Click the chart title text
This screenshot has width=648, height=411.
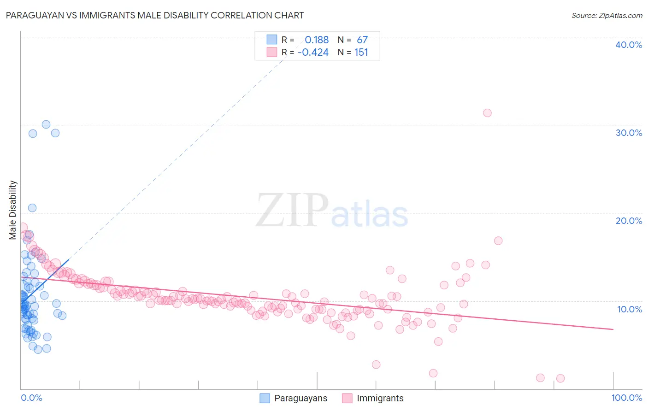tap(155, 15)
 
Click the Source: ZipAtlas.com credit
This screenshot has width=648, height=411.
tap(607, 15)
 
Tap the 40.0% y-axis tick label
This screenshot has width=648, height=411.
tap(629, 45)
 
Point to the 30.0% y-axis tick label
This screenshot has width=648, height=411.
tap(629, 133)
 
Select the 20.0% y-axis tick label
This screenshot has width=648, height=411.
tap(629, 221)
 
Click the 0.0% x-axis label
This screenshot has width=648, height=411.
tap(31, 398)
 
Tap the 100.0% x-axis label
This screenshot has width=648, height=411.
tap(626, 398)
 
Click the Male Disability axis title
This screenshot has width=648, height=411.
tap(13, 210)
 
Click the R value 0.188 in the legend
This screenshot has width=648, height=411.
tap(317, 40)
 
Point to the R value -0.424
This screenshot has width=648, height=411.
tap(313, 53)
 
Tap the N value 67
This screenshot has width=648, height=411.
tap(362, 40)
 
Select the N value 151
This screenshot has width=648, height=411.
tap(361, 53)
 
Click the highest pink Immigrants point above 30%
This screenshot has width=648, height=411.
tap(487, 113)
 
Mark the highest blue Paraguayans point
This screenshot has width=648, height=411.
tap(46, 124)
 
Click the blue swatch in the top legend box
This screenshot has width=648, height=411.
tap(272, 40)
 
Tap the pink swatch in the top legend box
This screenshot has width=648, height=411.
tap(272, 53)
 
